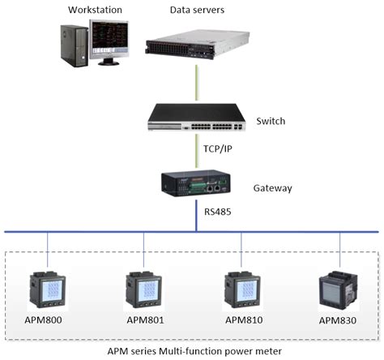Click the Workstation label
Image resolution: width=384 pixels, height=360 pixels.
[x=96, y=11]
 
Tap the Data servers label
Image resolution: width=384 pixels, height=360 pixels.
[x=198, y=11]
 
